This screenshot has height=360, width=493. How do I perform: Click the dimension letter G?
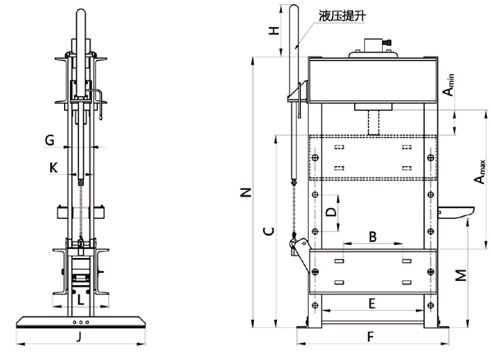coord(50,140)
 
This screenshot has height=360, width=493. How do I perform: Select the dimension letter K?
coord(53,168)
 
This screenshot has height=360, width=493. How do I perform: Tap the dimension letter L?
coord(80,301)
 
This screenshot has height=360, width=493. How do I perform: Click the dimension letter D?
coord(330,211)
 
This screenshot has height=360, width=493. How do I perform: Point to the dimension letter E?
coord(371,303)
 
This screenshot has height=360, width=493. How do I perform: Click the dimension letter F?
coord(371,336)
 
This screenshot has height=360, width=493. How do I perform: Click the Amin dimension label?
coord(450,85)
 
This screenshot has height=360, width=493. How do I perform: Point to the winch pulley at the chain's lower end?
coord(298,247)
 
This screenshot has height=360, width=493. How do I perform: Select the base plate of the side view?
coord(81,321)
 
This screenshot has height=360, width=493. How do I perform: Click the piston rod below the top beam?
coord(375,122)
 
